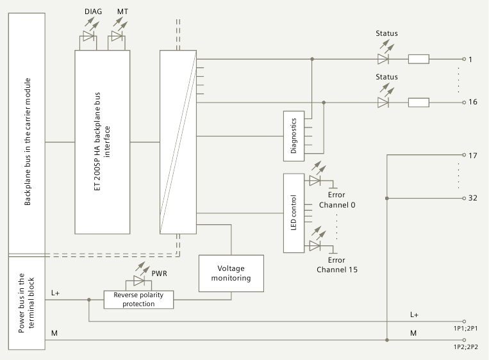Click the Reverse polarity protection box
(x=138, y=299)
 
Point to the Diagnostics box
(x=294, y=135)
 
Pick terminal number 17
(x=473, y=156)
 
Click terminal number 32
(x=473, y=198)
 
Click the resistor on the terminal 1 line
(x=419, y=60)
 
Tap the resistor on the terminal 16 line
(x=419, y=102)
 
